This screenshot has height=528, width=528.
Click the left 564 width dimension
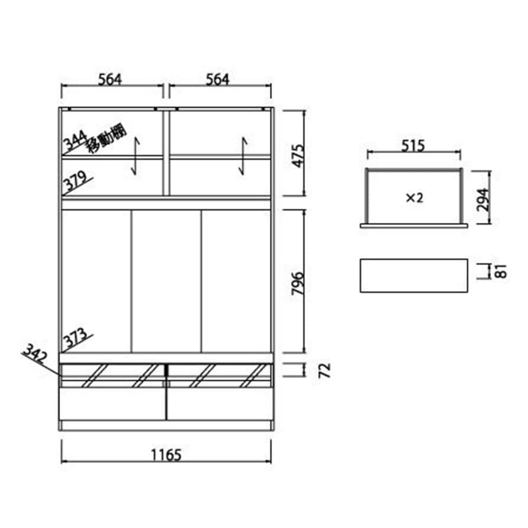tap(110, 80)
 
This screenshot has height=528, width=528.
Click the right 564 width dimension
tap(218, 80)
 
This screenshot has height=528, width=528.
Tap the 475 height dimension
tap(298, 156)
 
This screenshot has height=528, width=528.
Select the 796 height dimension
tap(298, 283)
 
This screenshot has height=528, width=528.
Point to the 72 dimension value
tap(325, 371)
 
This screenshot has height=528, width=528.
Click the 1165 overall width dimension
tap(166, 455)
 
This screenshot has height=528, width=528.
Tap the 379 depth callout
tap(76, 181)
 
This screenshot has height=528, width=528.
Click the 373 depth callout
tap(76, 338)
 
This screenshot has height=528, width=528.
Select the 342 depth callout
tap(35, 354)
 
